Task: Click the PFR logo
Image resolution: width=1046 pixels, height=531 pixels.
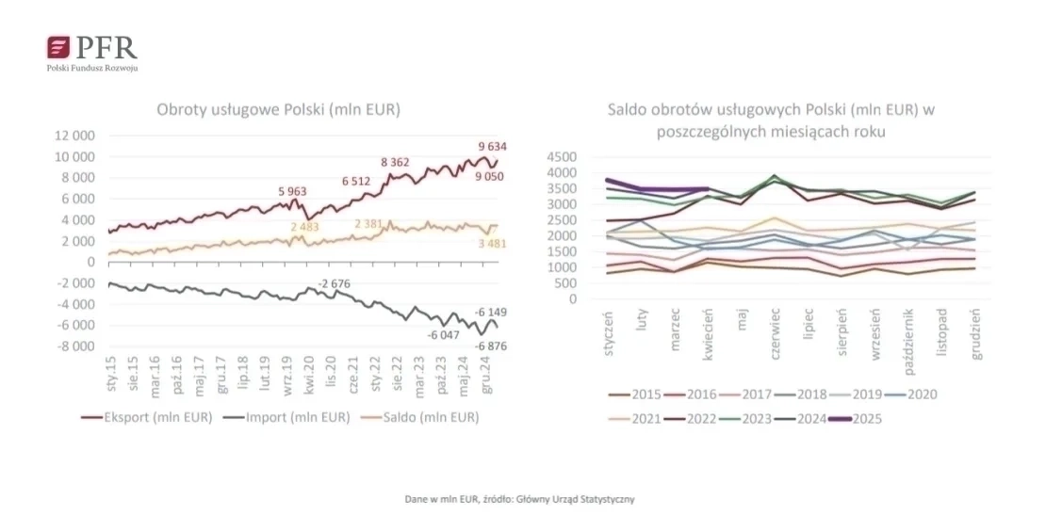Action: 91,52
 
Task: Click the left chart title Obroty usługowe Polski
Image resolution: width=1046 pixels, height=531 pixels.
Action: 278,110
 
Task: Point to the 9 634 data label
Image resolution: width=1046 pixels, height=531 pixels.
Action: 493,146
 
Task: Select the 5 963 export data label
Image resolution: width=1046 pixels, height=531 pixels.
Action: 293,192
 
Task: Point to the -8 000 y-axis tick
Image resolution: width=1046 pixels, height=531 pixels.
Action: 75,346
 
